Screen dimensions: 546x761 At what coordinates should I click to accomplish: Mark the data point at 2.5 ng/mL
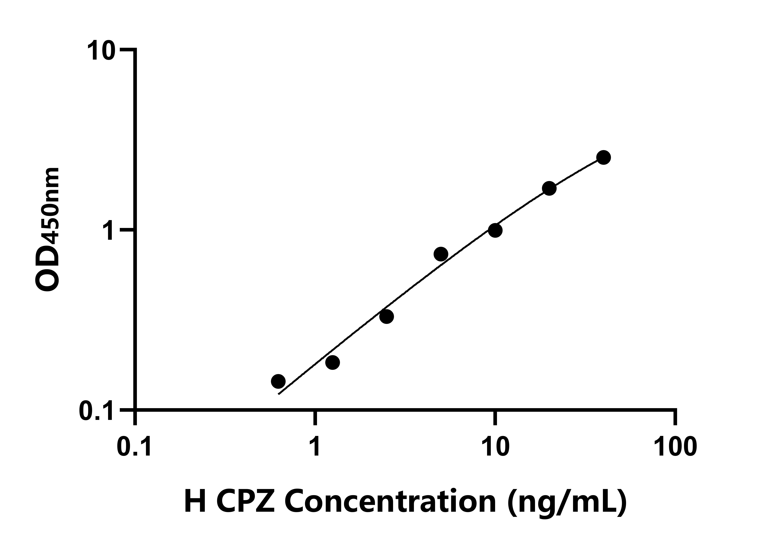tap(387, 316)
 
